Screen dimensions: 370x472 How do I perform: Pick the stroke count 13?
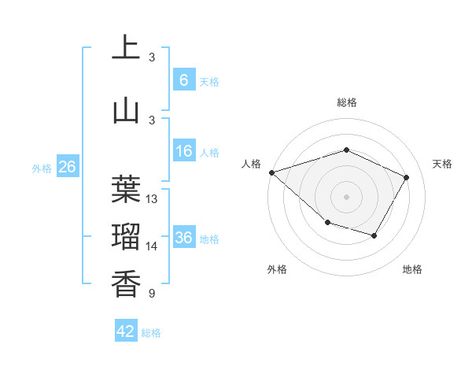[x=153, y=199]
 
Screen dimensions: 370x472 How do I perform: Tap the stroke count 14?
[x=153, y=246]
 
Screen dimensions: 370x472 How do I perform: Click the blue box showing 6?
[x=184, y=80]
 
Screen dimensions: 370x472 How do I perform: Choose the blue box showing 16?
[x=184, y=151]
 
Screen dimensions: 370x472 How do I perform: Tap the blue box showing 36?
[x=184, y=238]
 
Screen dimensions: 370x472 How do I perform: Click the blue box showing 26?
[x=67, y=167]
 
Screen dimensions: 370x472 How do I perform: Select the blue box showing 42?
[x=126, y=332]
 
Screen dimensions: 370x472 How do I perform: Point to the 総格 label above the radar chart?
[x=347, y=102]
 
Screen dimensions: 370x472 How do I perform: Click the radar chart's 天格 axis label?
[x=443, y=164]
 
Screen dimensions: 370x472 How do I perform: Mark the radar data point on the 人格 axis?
[x=271, y=172]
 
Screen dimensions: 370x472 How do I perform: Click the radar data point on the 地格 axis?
[x=374, y=235]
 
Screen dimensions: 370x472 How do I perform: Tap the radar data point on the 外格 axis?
[x=327, y=224]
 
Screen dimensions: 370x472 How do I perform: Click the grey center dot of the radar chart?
[x=347, y=196]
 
